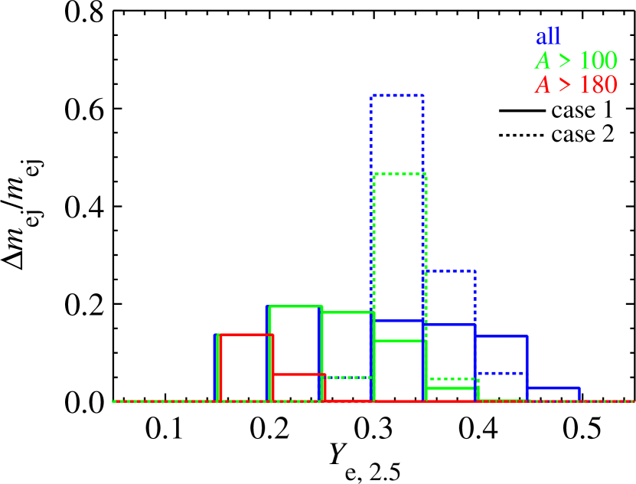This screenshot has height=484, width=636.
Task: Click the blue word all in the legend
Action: click(x=548, y=36)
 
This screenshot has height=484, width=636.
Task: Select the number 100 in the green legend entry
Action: click(x=598, y=60)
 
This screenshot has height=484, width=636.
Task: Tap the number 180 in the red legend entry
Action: click(x=598, y=85)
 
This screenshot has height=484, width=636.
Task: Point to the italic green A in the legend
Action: click(x=543, y=60)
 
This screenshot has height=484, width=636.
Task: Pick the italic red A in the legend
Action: click(x=543, y=85)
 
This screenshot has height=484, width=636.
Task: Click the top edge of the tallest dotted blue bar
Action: click(x=396, y=96)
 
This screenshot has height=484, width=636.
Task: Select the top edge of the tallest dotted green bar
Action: click(x=400, y=174)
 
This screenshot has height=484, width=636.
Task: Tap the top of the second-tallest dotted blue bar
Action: click(x=450, y=270)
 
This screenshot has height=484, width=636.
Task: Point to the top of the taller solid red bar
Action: click(x=246, y=335)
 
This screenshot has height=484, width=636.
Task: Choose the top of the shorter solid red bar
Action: click(x=299, y=374)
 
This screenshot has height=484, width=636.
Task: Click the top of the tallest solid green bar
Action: click(x=295, y=306)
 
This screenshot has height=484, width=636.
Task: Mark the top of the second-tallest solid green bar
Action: click(x=348, y=312)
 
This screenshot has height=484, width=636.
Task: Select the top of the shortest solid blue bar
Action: click(x=553, y=388)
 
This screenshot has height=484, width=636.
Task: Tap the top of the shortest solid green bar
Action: click(x=452, y=388)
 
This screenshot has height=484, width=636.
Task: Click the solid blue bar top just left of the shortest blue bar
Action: click(x=501, y=336)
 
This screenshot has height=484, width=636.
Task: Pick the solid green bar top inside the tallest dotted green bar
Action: click(x=400, y=340)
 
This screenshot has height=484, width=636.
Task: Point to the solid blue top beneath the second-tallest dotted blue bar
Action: click(x=450, y=325)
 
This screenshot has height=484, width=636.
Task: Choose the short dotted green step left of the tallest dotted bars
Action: click(x=348, y=378)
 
